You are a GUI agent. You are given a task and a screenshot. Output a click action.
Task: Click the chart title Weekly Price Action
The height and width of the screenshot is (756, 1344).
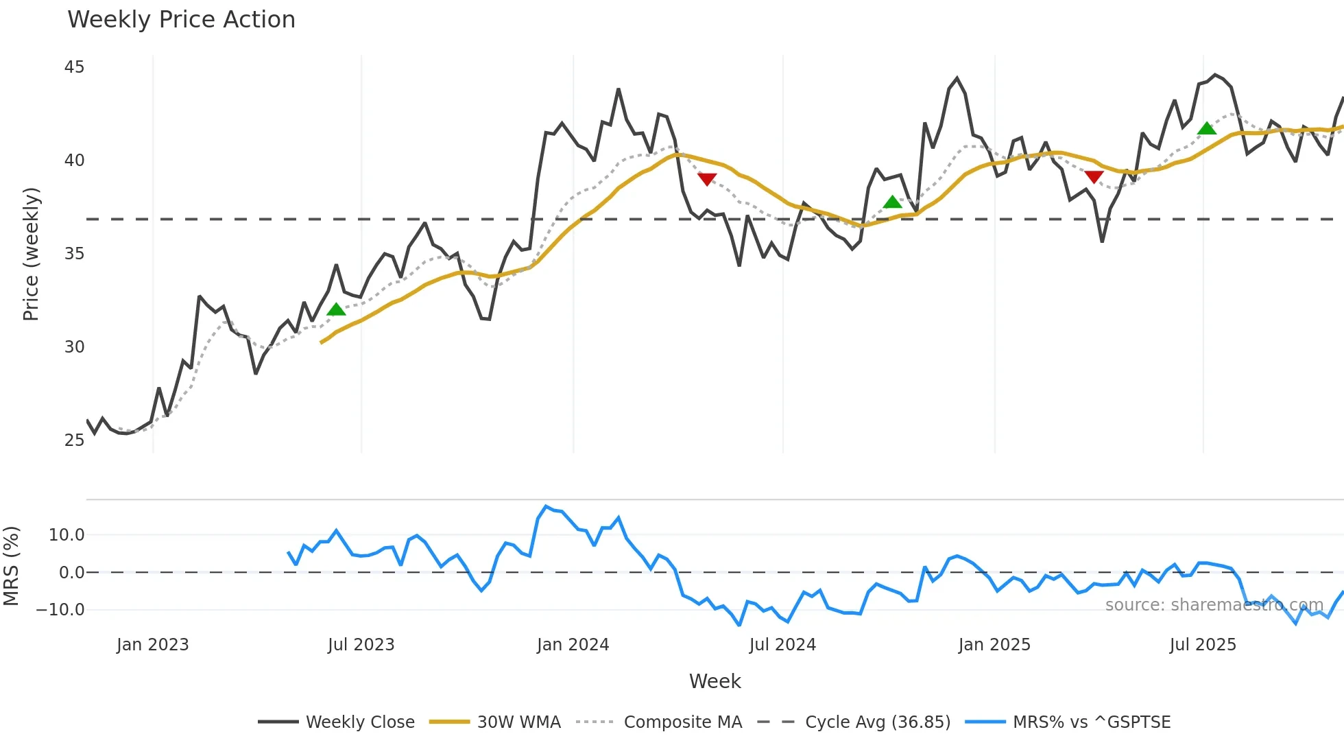(x=181, y=20)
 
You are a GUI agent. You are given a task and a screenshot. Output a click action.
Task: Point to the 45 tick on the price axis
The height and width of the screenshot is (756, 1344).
(x=74, y=67)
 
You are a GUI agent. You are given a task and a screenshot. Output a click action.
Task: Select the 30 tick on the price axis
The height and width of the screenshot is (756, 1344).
(x=74, y=347)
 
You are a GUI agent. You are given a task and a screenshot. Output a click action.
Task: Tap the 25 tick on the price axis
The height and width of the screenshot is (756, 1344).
(x=74, y=440)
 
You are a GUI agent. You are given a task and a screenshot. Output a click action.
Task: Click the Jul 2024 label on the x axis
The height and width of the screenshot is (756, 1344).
(x=782, y=645)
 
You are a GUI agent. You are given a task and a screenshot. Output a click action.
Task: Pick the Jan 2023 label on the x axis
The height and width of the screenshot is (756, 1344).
(x=152, y=645)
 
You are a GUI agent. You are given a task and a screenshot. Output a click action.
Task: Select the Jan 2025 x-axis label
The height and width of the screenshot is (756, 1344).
(x=994, y=645)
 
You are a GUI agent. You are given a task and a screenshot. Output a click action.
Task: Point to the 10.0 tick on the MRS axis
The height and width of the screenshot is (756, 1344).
(x=66, y=535)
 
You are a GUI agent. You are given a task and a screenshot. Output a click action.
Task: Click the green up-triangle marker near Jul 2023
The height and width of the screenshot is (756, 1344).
(x=336, y=309)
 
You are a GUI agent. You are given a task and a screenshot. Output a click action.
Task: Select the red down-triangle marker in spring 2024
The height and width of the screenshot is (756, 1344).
(x=707, y=179)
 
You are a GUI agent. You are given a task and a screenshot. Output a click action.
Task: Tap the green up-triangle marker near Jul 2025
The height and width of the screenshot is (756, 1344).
(x=1207, y=128)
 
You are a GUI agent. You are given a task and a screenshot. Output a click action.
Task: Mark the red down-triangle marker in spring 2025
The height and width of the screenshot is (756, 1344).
(x=1094, y=177)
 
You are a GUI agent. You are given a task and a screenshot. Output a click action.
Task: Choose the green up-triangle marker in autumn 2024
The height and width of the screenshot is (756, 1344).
(x=892, y=202)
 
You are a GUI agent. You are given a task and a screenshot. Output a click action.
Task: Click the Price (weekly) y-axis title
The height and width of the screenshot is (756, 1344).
(x=31, y=254)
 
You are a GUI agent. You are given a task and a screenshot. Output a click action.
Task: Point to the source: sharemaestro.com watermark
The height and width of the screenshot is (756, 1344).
(x=1214, y=605)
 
